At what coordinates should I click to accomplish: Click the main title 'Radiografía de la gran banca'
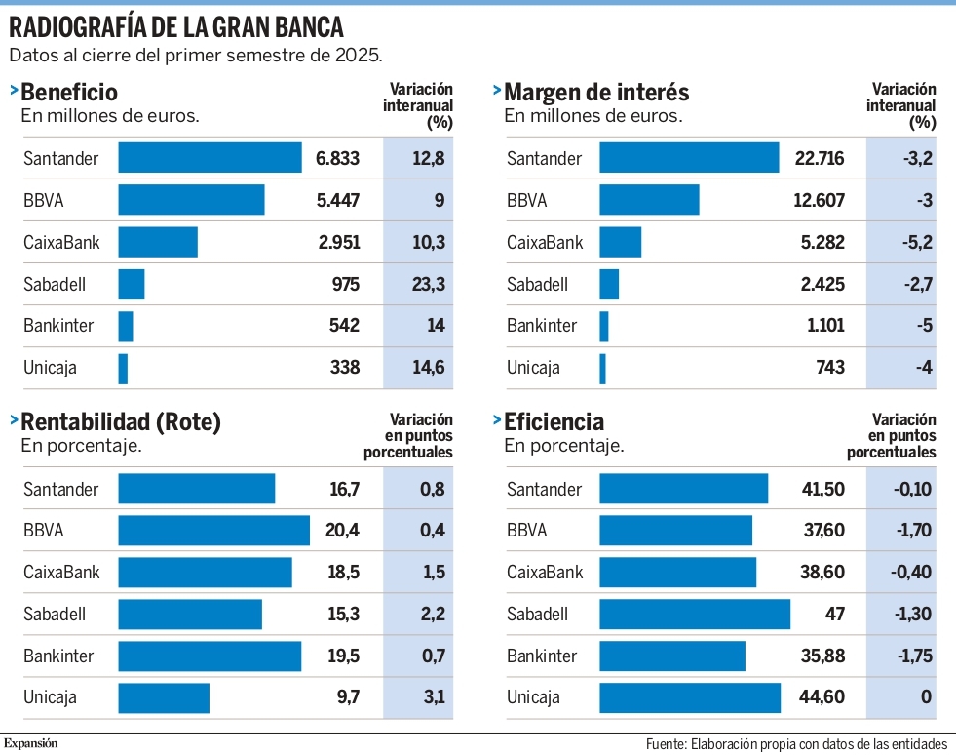(176, 27)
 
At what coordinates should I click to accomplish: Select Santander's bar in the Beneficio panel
(210, 157)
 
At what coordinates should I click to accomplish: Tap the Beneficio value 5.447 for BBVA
(338, 200)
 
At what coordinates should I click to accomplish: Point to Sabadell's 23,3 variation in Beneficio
(429, 284)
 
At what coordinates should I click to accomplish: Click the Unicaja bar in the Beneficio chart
(123, 369)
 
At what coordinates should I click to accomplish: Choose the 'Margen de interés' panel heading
(596, 92)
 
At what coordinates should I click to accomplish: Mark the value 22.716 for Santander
(820, 158)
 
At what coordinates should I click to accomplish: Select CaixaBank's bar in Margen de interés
(620, 242)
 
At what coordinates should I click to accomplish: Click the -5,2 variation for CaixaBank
(918, 242)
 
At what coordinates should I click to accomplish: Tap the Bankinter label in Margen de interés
(542, 326)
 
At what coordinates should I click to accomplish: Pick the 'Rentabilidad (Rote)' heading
(121, 421)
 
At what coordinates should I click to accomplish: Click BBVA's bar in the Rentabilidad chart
(214, 531)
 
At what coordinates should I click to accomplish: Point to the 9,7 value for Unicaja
(348, 696)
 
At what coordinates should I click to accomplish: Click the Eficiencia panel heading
(554, 421)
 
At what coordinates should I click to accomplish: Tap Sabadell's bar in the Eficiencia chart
(695, 614)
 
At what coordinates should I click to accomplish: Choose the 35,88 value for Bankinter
(822, 656)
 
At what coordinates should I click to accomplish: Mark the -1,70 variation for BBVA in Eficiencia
(913, 530)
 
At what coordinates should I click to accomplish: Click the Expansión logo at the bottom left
(30, 743)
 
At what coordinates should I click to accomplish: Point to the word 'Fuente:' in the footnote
(667, 744)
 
